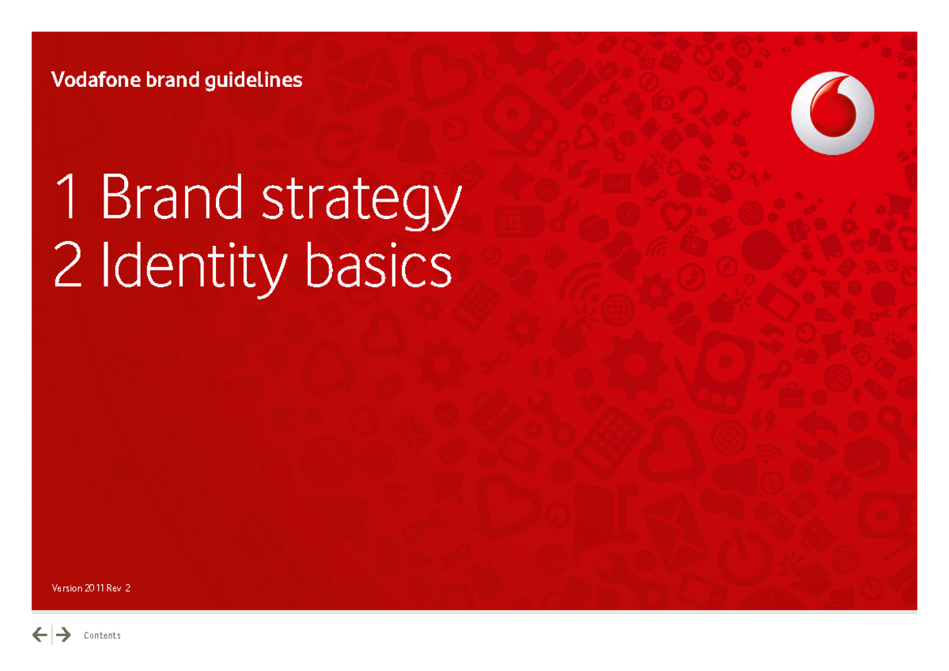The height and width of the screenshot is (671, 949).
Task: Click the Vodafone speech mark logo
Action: [833, 113]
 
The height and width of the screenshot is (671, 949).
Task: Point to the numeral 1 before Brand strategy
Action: [68, 198]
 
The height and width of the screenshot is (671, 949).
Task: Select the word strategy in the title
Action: [361, 202]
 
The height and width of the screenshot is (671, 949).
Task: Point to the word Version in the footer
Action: [66, 588]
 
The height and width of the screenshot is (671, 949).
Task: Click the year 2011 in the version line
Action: [94, 588]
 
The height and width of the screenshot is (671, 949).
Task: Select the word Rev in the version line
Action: [114, 588]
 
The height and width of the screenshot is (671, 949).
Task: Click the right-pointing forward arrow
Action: [63, 635]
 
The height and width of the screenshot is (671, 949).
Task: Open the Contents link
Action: [102, 635]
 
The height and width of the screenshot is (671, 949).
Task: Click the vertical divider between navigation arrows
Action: [52, 635]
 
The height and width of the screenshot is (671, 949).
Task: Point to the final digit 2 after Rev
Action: [127, 588]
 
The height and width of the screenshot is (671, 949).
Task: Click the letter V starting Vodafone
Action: [56, 80]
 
